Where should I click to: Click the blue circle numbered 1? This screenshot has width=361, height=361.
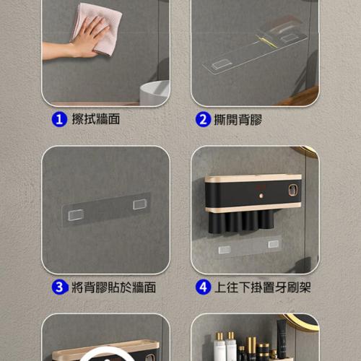click(59, 119)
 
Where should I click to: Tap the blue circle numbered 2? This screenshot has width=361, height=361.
click(203, 119)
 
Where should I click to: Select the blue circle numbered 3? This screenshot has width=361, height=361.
click(59, 287)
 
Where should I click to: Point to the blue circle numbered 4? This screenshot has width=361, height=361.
click(203, 287)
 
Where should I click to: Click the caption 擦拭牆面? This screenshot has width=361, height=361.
click(96, 119)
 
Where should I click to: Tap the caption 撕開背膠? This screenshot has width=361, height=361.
click(238, 119)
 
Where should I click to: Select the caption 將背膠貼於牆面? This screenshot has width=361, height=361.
click(113, 287)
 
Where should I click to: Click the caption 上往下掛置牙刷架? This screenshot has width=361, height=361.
click(262, 287)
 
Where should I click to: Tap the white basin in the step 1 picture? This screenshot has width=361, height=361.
click(155, 92)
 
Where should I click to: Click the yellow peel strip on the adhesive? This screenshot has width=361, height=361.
click(266, 41)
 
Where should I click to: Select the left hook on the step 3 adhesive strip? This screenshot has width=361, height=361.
click(76, 214)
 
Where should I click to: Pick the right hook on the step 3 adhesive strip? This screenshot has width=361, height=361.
click(140, 204)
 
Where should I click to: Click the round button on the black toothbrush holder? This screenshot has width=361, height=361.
click(261, 196)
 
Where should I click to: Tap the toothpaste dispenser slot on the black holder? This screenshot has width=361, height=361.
click(293, 190)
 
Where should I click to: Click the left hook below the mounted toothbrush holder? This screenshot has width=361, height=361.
click(225, 250)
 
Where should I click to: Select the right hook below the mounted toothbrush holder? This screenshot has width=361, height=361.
click(274, 244)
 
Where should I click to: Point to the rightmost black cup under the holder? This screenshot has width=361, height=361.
click(266, 219)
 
